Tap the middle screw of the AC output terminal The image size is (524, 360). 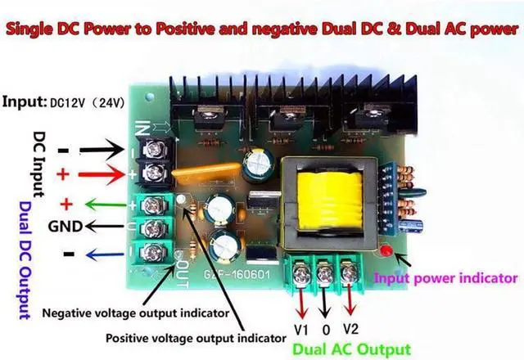tap(326, 269)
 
